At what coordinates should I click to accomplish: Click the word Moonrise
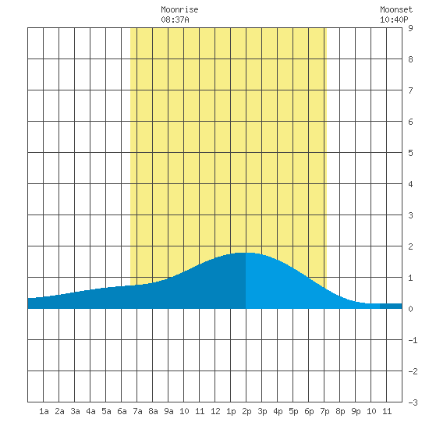coord(179,9)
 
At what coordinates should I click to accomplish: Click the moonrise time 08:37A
coord(175,19)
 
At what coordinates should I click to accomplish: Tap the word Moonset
coord(396,9)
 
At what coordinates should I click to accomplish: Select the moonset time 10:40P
coord(394,19)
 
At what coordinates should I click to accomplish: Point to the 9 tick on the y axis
coord(410,28)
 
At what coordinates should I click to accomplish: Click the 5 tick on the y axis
coord(410,153)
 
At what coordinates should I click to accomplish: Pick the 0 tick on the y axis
coord(410,309)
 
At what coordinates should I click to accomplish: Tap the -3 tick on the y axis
coord(413,402)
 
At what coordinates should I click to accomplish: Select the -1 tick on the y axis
coord(413,340)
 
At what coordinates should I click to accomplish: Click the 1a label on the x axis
coord(44,411)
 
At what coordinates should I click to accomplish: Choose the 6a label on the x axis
coord(122,411)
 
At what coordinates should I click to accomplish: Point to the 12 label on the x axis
coord(215,411)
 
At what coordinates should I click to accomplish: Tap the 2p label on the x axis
coord(246,411)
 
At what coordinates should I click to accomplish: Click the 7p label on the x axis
coord(324,411)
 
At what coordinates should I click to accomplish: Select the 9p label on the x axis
coord(356,411)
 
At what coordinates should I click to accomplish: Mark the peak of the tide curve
coord(246,253)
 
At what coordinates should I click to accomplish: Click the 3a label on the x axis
coord(75,411)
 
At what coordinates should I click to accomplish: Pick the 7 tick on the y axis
coord(410,90)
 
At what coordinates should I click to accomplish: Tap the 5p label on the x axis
coord(293,411)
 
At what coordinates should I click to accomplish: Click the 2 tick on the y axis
coord(410,246)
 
